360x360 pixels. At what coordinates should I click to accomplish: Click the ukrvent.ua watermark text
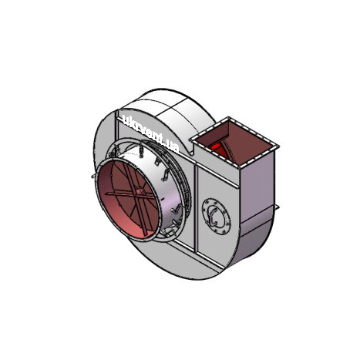pyautogui.click(x=151, y=133)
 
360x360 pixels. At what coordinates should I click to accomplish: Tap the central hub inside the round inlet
pyautogui.click(x=140, y=192)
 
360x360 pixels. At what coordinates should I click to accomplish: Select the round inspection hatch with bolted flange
pyautogui.click(x=216, y=216)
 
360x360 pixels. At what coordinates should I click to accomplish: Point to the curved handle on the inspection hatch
pyautogui.click(x=213, y=217)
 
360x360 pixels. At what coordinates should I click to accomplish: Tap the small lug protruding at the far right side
pyautogui.click(x=277, y=207)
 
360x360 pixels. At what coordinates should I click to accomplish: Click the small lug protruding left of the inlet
pyautogui.click(x=93, y=176)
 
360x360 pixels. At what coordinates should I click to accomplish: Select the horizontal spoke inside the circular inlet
pyautogui.click(x=130, y=195)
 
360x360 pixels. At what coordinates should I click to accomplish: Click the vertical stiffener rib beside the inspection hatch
pyautogui.click(x=196, y=209)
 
